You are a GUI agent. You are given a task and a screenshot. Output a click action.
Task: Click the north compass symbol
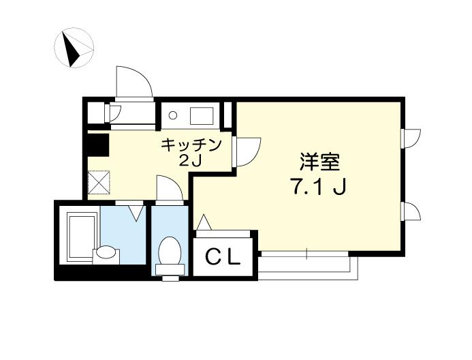(74, 48)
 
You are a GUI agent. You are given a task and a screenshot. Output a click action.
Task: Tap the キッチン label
(191, 145)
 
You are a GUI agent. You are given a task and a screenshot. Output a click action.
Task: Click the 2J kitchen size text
(190, 161)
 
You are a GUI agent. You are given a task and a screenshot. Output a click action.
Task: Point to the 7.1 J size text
(317, 186)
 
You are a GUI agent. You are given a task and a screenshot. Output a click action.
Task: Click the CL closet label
(223, 257)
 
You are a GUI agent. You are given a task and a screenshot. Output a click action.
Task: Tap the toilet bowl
(170, 256)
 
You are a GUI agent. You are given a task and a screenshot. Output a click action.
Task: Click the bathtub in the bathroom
(80, 236)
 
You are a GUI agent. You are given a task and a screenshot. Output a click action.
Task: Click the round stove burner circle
(173, 115)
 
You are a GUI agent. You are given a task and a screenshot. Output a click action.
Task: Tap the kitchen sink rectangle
(202, 116)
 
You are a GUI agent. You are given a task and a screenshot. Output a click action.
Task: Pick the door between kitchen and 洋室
(247, 151)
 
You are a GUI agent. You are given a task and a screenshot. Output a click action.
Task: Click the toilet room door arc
(170, 188)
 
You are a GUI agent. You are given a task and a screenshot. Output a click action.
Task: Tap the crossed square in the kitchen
(99, 182)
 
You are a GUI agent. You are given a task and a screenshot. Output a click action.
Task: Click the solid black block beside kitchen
(98, 145)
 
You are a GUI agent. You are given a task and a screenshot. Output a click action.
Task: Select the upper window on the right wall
(411, 138)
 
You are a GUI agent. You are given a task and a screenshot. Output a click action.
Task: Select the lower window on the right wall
(411, 212)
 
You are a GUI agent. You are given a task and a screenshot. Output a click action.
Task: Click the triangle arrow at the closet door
(204, 222)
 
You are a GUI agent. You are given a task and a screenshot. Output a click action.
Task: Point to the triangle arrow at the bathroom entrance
(136, 213)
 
